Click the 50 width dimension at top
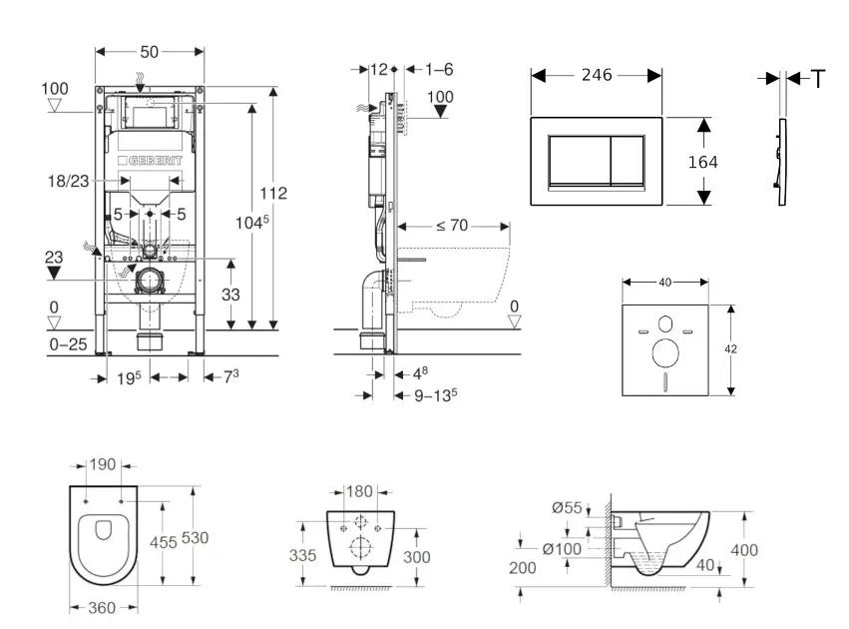tap(150, 50)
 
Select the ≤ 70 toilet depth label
tap(452, 226)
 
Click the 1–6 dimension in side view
tap(439, 69)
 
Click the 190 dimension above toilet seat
tap(103, 465)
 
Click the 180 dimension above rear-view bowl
tap(360, 490)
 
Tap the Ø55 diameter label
tap(569, 508)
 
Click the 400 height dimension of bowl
tap(744, 550)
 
